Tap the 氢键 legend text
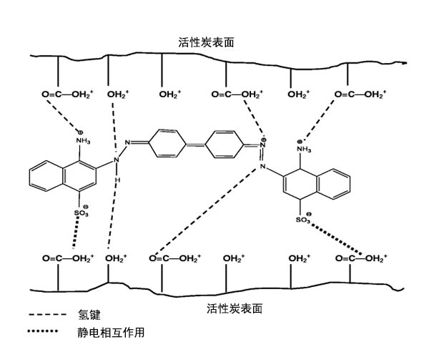pyautogui.click(x=88, y=316)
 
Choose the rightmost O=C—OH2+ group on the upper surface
pyautogui.click(x=361, y=94)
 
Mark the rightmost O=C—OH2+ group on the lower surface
pyautogui.click(x=362, y=258)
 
